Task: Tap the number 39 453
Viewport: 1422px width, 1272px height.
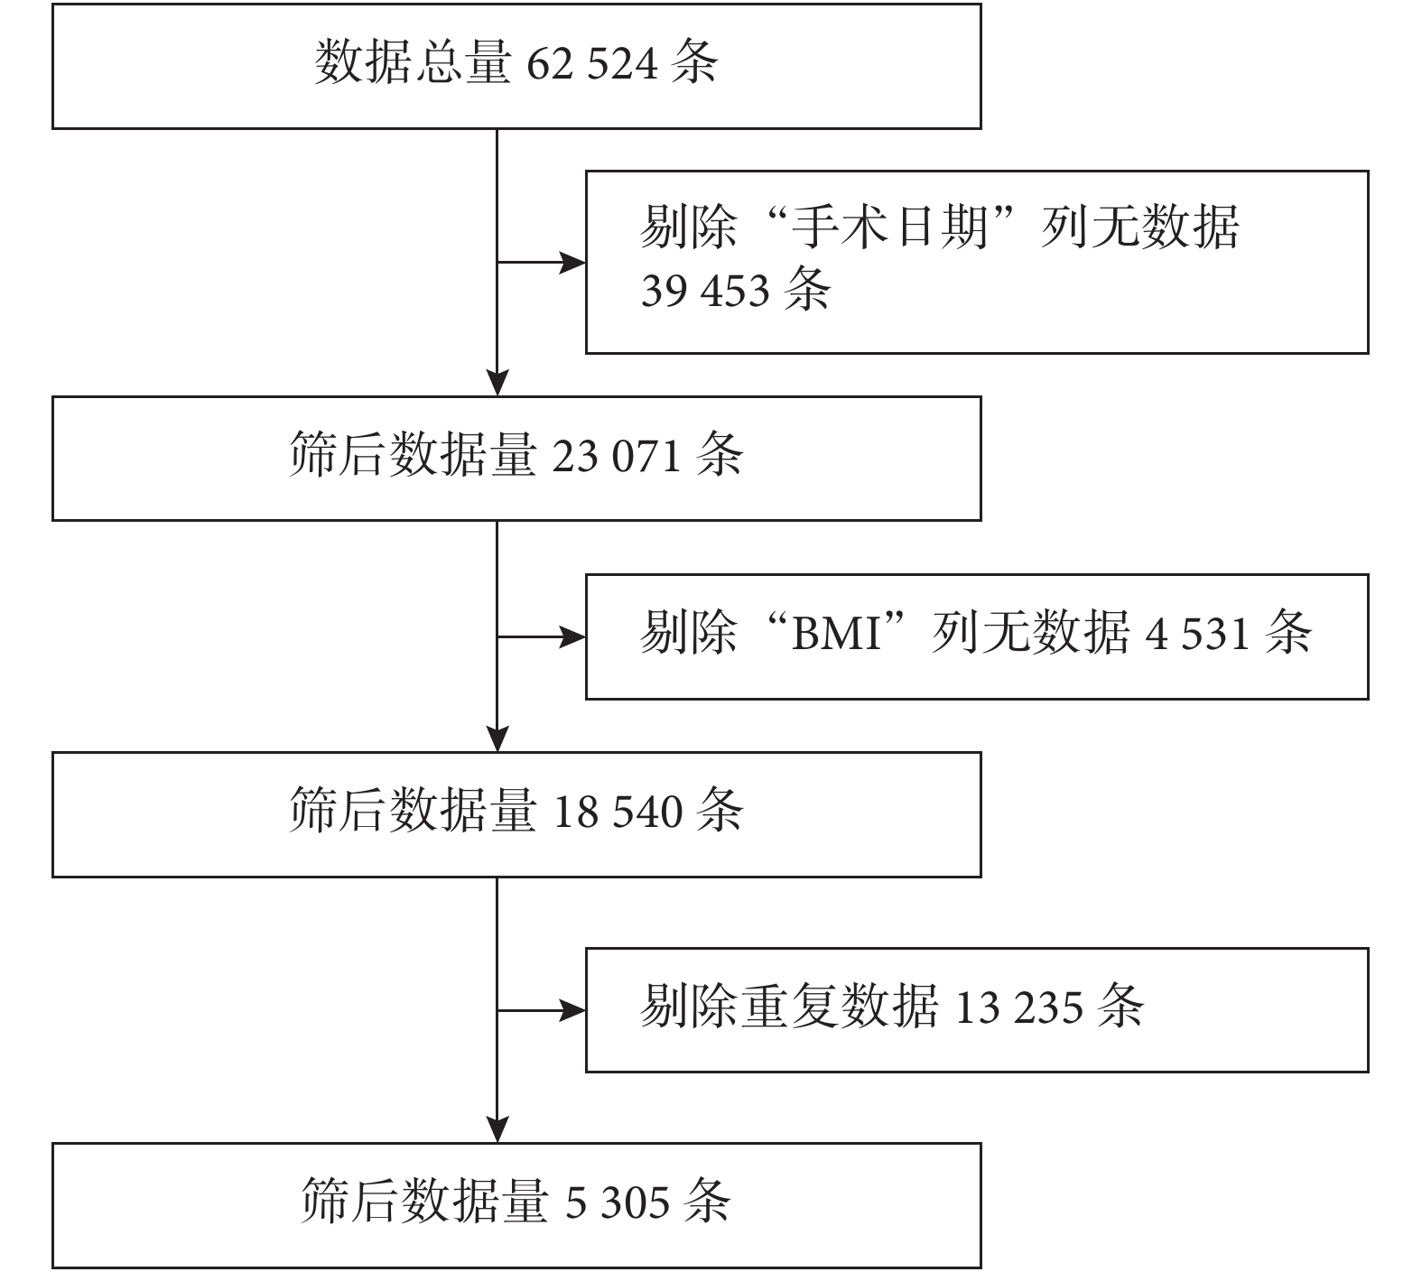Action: pyautogui.click(x=706, y=292)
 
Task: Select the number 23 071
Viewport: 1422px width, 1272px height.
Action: pyautogui.click(x=617, y=456)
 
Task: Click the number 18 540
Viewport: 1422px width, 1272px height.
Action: pyautogui.click(x=617, y=812)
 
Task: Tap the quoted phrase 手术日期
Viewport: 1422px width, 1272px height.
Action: pyautogui.click(x=888, y=227)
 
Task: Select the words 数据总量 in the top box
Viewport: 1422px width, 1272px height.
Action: pyautogui.click(x=414, y=64)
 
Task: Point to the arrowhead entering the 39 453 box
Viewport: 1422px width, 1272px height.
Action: pyautogui.click(x=572, y=263)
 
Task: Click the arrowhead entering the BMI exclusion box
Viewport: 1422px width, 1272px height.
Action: pyautogui.click(x=572, y=637)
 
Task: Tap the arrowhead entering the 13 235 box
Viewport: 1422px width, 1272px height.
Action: pyautogui.click(x=572, y=1011)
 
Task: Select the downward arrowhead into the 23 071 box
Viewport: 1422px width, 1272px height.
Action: pyautogui.click(x=497, y=384)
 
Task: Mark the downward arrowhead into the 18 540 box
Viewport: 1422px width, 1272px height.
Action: pyautogui.click(x=497, y=739)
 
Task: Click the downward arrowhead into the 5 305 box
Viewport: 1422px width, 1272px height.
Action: pyautogui.click(x=497, y=1130)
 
